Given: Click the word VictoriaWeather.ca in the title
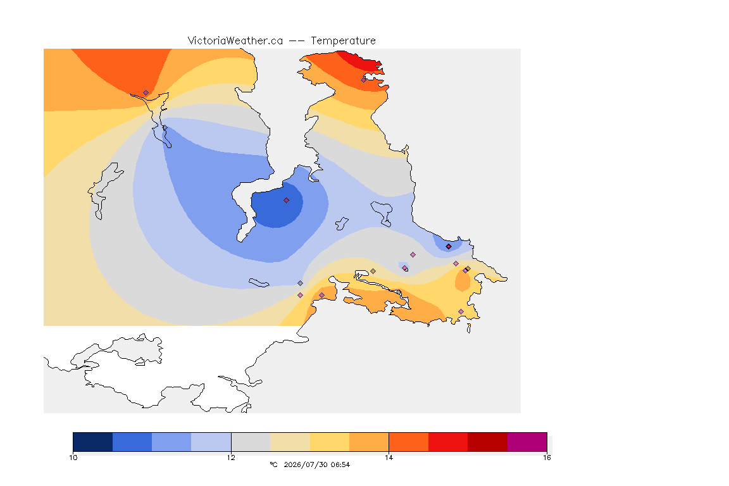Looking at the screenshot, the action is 235,41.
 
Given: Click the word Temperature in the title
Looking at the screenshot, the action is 343,41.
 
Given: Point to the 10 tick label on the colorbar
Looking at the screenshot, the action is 73,458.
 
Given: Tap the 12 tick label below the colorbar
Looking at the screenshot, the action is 231,458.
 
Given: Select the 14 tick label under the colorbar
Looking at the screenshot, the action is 389,458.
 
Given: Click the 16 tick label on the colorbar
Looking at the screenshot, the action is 547,458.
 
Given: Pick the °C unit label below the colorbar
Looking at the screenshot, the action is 273,464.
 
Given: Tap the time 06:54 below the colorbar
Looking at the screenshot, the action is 340,464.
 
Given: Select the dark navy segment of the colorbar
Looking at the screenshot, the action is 93,442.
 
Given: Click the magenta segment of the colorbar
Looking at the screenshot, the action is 527,442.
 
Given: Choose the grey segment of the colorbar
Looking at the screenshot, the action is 251,442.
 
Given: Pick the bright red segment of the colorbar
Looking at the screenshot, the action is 448,442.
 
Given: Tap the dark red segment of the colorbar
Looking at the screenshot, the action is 488,442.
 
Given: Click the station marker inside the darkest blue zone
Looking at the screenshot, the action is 287,201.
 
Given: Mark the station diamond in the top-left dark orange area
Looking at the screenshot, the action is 146,93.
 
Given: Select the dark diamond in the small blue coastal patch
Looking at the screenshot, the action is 449,247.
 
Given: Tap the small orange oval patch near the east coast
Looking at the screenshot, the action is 463,280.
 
